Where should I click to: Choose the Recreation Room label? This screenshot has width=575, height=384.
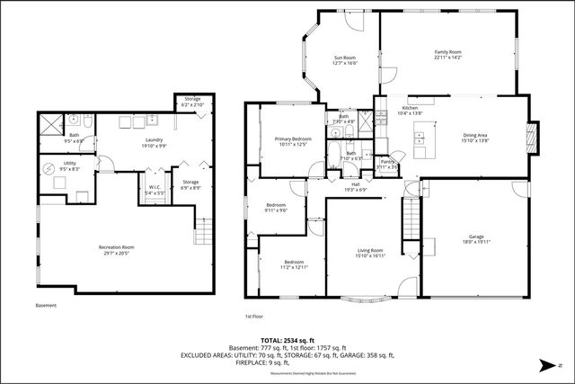coord(116,249)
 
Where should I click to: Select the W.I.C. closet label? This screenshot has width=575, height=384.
coord(155,190)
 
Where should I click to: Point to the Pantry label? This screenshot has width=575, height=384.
coord(387,164)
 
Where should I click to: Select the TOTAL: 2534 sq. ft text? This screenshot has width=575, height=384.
coord(287,341)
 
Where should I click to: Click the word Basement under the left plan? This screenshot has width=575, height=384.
coord(46,306)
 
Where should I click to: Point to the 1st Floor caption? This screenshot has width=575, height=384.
coord(254,317)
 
